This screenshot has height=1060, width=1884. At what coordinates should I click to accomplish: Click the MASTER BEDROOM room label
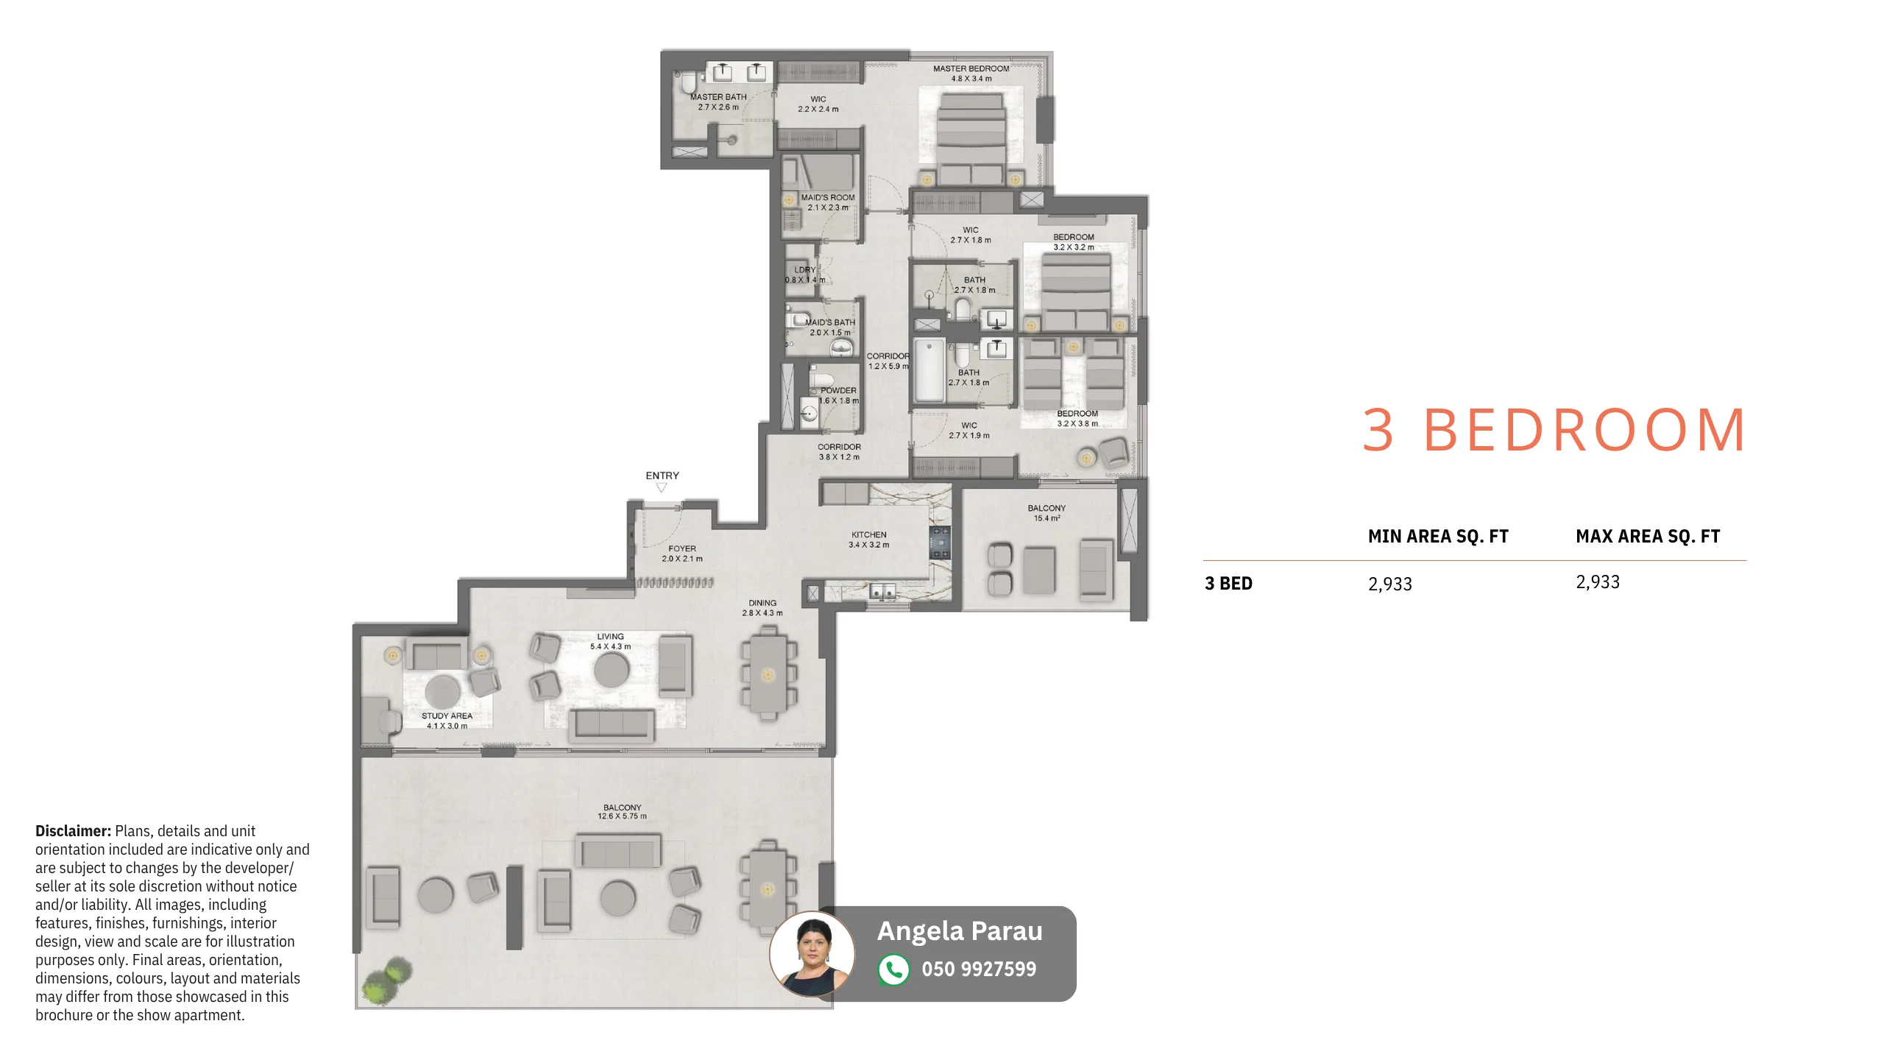tap(971, 68)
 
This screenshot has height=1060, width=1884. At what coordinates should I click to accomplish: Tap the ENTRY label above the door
tap(662, 476)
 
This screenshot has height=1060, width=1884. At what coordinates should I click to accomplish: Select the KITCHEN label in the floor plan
tap(869, 534)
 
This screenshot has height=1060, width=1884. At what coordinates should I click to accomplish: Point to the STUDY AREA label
tap(447, 715)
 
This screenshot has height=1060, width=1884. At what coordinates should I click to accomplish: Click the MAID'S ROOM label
tap(828, 197)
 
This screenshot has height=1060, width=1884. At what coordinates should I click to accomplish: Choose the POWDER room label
tap(838, 390)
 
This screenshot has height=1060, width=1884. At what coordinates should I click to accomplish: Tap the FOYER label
tap(682, 548)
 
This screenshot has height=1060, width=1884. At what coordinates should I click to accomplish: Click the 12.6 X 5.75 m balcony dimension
tap(622, 816)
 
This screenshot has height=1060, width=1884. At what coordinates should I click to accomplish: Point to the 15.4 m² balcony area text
tap(1047, 518)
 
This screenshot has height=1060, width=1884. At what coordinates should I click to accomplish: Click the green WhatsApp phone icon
tap(894, 969)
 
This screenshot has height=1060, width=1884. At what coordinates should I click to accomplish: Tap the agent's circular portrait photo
tap(812, 954)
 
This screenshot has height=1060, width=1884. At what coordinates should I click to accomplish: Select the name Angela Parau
tap(960, 931)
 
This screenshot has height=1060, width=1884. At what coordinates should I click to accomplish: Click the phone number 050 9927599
tap(979, 969)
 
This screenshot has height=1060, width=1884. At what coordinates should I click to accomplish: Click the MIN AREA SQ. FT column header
tap(1438, 537)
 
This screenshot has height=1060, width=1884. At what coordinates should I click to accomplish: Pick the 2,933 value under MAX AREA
tap(1598, 582)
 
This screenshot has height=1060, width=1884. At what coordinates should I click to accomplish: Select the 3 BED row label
tap(1228, 584)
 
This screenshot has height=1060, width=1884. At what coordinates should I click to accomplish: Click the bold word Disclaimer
tap(73, 831)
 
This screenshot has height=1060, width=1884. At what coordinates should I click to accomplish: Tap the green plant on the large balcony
tap(387, 981)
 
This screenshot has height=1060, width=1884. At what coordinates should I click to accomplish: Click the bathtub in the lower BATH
tap(929, 370)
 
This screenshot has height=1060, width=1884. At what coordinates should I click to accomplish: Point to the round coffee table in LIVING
tap(612, 669)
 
